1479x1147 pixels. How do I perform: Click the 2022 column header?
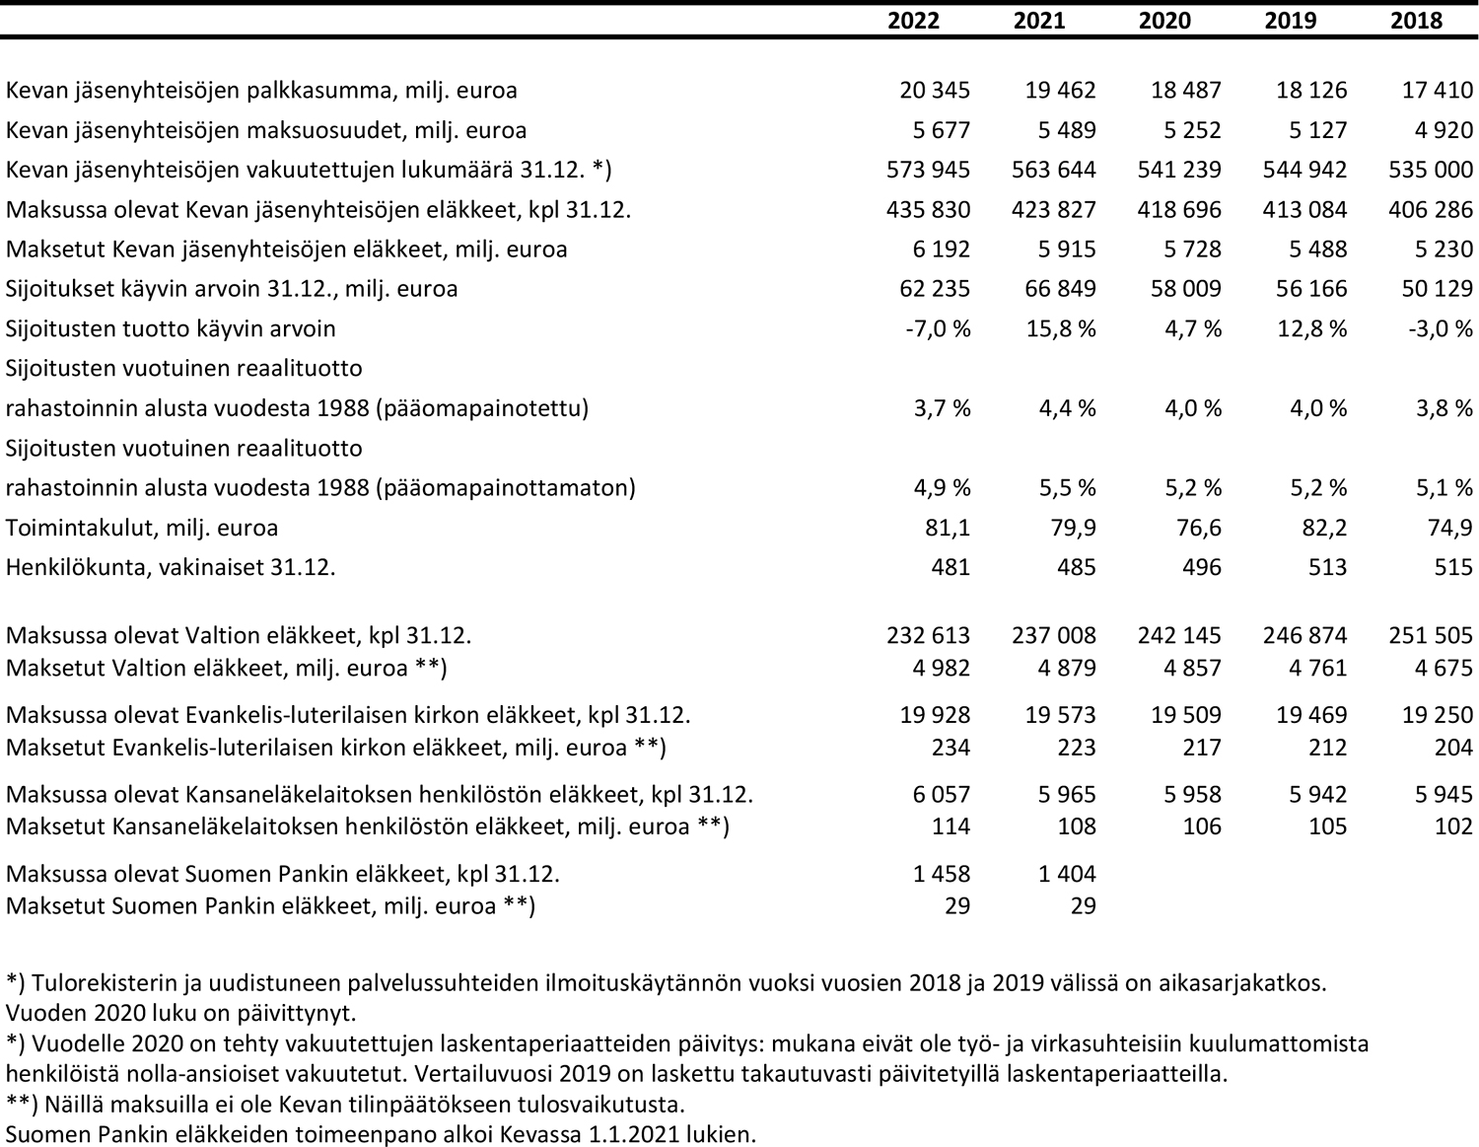click(x=913, y=21)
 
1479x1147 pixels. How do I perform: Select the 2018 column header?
click(x=1416, y=21)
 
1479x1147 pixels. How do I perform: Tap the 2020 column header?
click(x=1164, y=21)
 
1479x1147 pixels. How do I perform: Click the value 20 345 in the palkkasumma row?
click(x=935, y=90)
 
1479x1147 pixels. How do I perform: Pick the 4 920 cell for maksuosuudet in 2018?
click(x=1444, y=130)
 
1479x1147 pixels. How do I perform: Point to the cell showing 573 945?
click(x=929, y=170)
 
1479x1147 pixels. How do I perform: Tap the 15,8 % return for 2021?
click(x=1060, y=328)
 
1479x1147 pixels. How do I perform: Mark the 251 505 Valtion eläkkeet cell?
click(x=1431, y=635)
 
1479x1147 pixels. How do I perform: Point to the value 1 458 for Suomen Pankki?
click(x=942, y=874)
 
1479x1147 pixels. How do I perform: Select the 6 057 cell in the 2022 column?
click(x=942, y=794)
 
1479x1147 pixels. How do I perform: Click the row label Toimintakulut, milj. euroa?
click(x=142, y=528)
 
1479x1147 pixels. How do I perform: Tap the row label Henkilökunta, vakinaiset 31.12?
click(x=171, y=567)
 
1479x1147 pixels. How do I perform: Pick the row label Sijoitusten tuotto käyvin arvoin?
click(x=171, y=328)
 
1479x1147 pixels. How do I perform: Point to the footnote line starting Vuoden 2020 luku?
click(x=181, y=1013)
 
